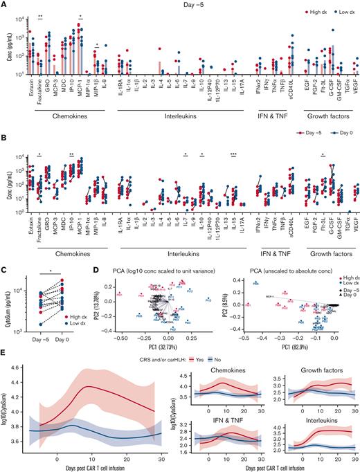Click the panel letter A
click(x=3, y=4)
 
